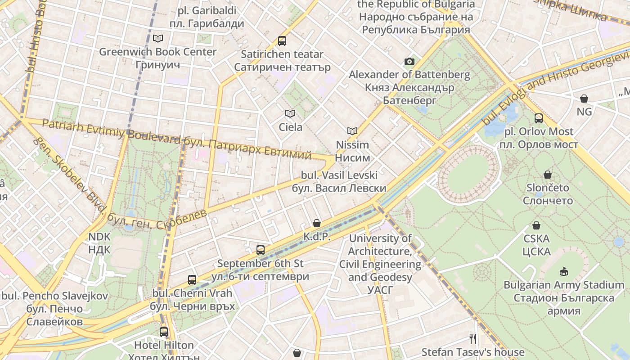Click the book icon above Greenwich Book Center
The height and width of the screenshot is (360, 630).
(x=157, y=38)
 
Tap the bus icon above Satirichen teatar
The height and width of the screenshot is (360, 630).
(x=282, y=41)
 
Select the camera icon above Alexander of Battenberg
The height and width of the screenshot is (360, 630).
(x=409, y=61)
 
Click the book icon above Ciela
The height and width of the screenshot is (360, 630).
(x=290, y=114)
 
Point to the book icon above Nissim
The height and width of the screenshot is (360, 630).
(x=352, y=131)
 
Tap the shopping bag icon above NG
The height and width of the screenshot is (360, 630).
(x=584, y=98)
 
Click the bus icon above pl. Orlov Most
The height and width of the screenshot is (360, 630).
(x=539, y=118)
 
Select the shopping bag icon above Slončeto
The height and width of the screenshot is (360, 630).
(x=548, y=175)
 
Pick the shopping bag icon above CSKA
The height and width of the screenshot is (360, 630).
(x=536, y=225)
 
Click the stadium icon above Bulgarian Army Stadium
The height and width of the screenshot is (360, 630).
(x=563, y=271)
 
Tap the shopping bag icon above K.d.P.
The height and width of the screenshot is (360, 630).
(x=317, y=223)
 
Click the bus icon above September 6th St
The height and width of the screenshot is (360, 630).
(x=260, y=250)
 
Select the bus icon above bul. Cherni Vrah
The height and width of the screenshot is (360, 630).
(x=192, y=280)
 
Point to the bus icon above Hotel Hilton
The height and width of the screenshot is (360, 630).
(x=164, y=332)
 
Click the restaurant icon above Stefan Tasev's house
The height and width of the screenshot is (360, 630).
(x=472, y=338)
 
